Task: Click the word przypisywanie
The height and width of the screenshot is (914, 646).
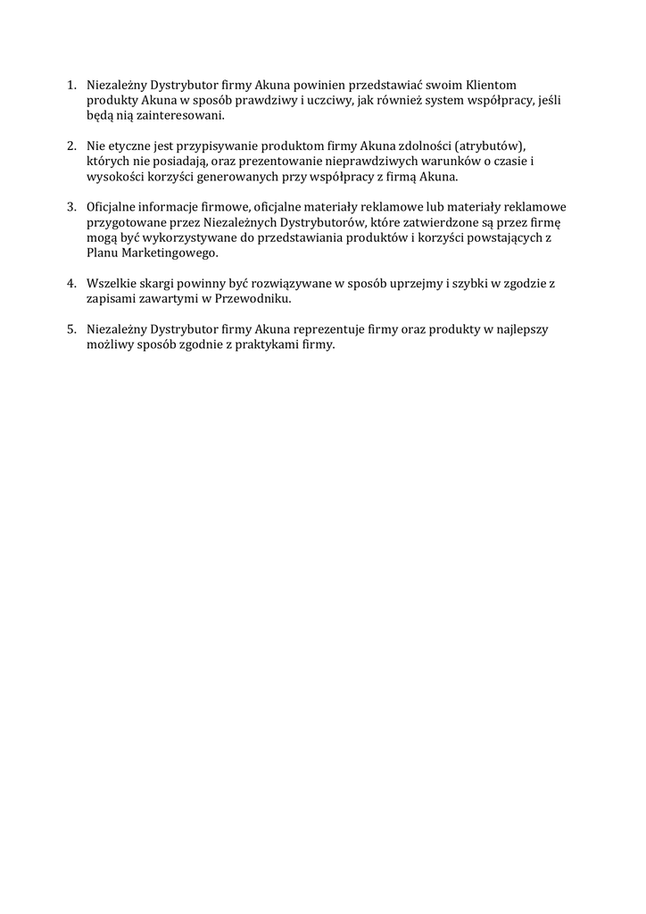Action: pyautogui.click(x=221, y=145)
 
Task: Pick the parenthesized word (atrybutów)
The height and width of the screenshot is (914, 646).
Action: pyautogui.click(x=502, y=145)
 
